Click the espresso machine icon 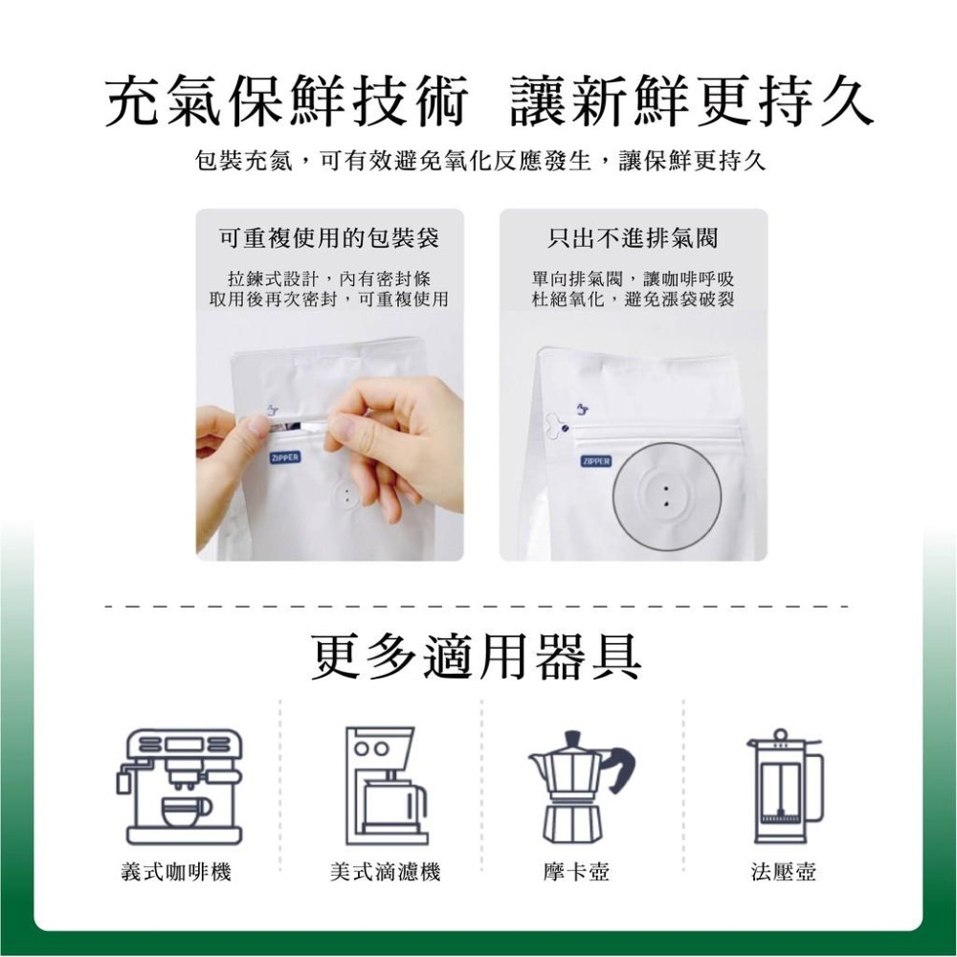180,787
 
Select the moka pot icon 579,787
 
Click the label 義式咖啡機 176,872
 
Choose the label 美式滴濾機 385,872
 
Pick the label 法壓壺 784,872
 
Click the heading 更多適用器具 478,656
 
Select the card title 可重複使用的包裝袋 329,237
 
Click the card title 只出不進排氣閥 633,237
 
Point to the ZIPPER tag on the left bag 283,457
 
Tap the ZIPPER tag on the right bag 595,461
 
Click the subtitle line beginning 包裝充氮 478,162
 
